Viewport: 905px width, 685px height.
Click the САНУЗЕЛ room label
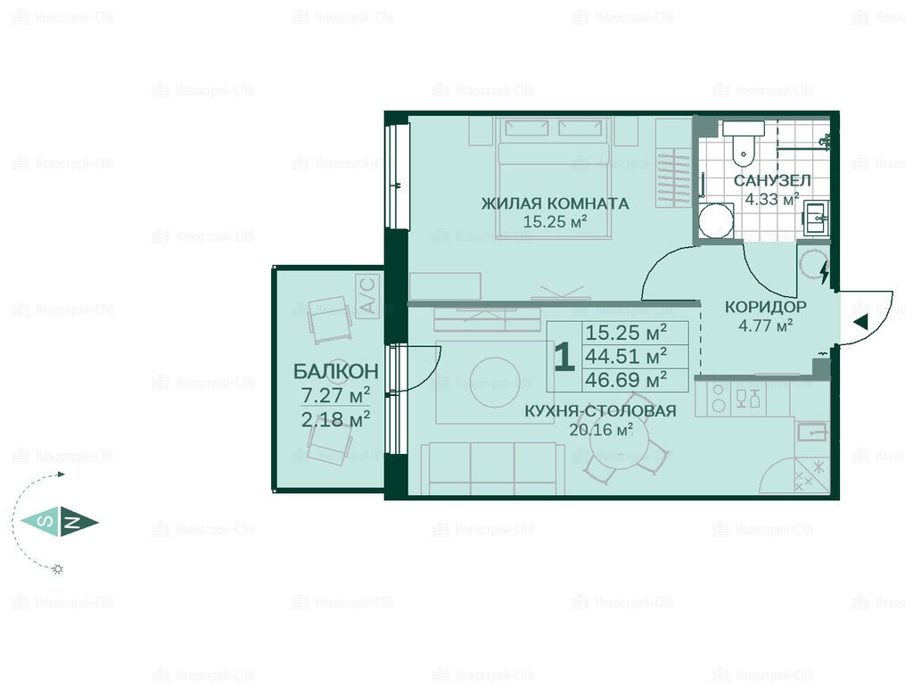click(x=772, y=180)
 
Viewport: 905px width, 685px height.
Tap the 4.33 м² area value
click(x=772, y=199)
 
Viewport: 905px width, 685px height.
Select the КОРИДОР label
click(x=765, y=307)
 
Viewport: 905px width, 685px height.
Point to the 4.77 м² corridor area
click(x=765, y=326)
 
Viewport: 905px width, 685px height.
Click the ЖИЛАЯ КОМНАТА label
click(x=555, y=203)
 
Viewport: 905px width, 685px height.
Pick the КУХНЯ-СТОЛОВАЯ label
click(x=600, y=410)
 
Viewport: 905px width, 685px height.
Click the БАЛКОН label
click(x=336, y=371)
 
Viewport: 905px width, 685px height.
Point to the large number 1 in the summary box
click(x=564, y=357)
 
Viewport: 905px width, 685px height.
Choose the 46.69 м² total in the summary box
click(x=626, y=380)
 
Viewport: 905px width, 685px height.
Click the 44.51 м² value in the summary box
click(x=626, y=356)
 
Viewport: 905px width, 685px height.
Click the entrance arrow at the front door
click(x=860, y=323)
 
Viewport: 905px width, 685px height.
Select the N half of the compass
click(x=79, y=523)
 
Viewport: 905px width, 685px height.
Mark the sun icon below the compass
click(x=57, y=569)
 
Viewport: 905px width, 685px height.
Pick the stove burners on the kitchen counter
click(x=719, y=398)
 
